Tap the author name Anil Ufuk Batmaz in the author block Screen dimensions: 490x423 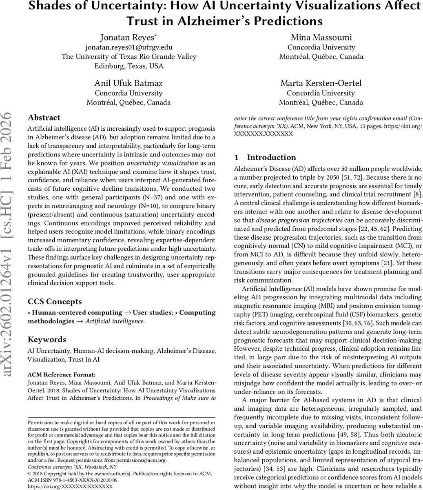pos(128,83)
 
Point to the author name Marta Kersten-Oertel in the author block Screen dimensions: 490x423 pos(321,83)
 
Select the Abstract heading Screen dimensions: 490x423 pos(44,118)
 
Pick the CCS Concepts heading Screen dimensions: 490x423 pos(55,302)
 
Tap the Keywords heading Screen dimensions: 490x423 pos(47,339)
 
